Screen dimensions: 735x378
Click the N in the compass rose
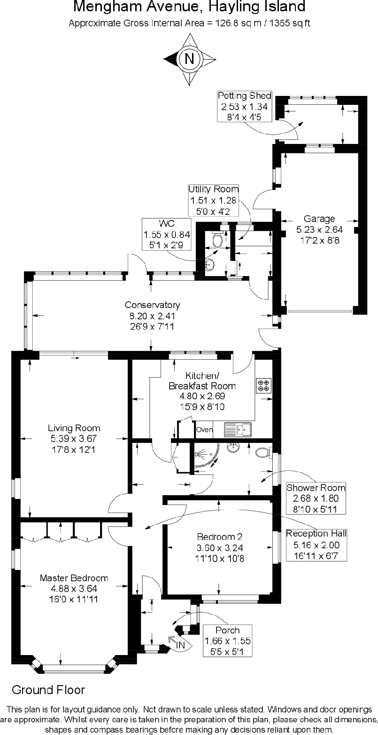click(x=189, y=59)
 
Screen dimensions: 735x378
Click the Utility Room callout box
click(x=214, y=200)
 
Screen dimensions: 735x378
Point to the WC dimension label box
click(x=168, y=233)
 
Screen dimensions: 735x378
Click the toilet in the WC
click(x=217, y=240)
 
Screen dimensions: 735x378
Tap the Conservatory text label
click(x=152, y=315)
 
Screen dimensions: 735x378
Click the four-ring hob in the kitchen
click(x=263, y=386)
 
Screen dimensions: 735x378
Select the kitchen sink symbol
click(x=238, y=429)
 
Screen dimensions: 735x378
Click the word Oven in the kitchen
click(x=204, y=429)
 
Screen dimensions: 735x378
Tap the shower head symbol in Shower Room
click(x=200, y=455)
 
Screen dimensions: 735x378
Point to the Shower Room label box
click(x=316, y=498)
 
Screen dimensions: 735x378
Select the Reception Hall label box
click(x=316, y=545)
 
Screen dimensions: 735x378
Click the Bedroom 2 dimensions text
click(x=220, y=553)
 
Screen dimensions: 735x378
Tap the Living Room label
click(x=74, y=438)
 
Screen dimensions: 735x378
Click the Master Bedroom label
click(x=74, y=588)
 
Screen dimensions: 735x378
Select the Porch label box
click(x=227, y=640)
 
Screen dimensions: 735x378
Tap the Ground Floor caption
click(x=48, y=690)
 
